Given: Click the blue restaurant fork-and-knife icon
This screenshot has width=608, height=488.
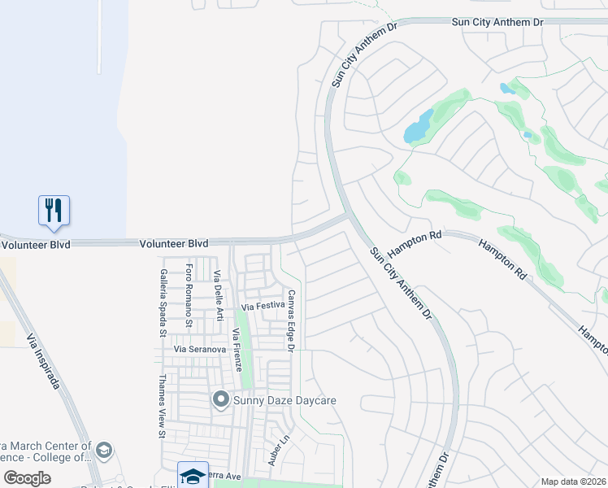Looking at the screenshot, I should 54,210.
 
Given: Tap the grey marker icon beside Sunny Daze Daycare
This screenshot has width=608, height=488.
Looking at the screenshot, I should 220,400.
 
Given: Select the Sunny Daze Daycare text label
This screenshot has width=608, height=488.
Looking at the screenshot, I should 284,400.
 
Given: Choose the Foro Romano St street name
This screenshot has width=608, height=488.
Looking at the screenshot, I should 189,295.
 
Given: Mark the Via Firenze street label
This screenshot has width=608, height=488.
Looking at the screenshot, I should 237,350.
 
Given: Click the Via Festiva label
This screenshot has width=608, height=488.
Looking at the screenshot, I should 261,307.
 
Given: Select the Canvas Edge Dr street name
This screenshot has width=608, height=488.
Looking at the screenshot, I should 289,320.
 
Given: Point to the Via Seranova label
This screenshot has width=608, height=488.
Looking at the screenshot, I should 198,349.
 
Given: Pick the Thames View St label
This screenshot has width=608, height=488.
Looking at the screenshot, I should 162,406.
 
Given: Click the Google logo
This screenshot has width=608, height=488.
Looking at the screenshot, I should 28,478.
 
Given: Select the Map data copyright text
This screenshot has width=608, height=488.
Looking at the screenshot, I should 573,481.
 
